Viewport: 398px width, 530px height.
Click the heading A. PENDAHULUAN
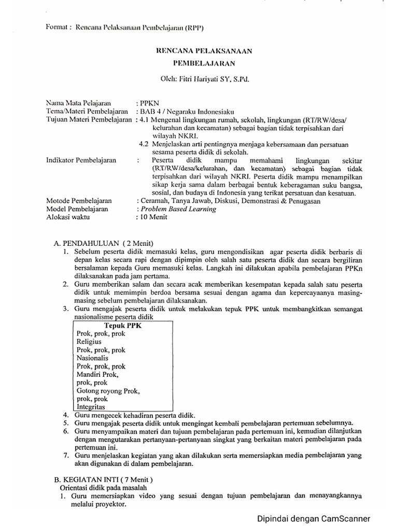tap(88, 243)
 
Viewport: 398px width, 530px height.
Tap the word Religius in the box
tap(89, 342)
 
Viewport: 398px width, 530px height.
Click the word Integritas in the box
tap(90, 407)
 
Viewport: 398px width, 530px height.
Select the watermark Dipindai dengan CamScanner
tap(315, 518)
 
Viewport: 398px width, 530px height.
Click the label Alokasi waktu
tap(68, 217)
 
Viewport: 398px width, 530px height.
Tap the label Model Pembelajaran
tap(77, 209)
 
